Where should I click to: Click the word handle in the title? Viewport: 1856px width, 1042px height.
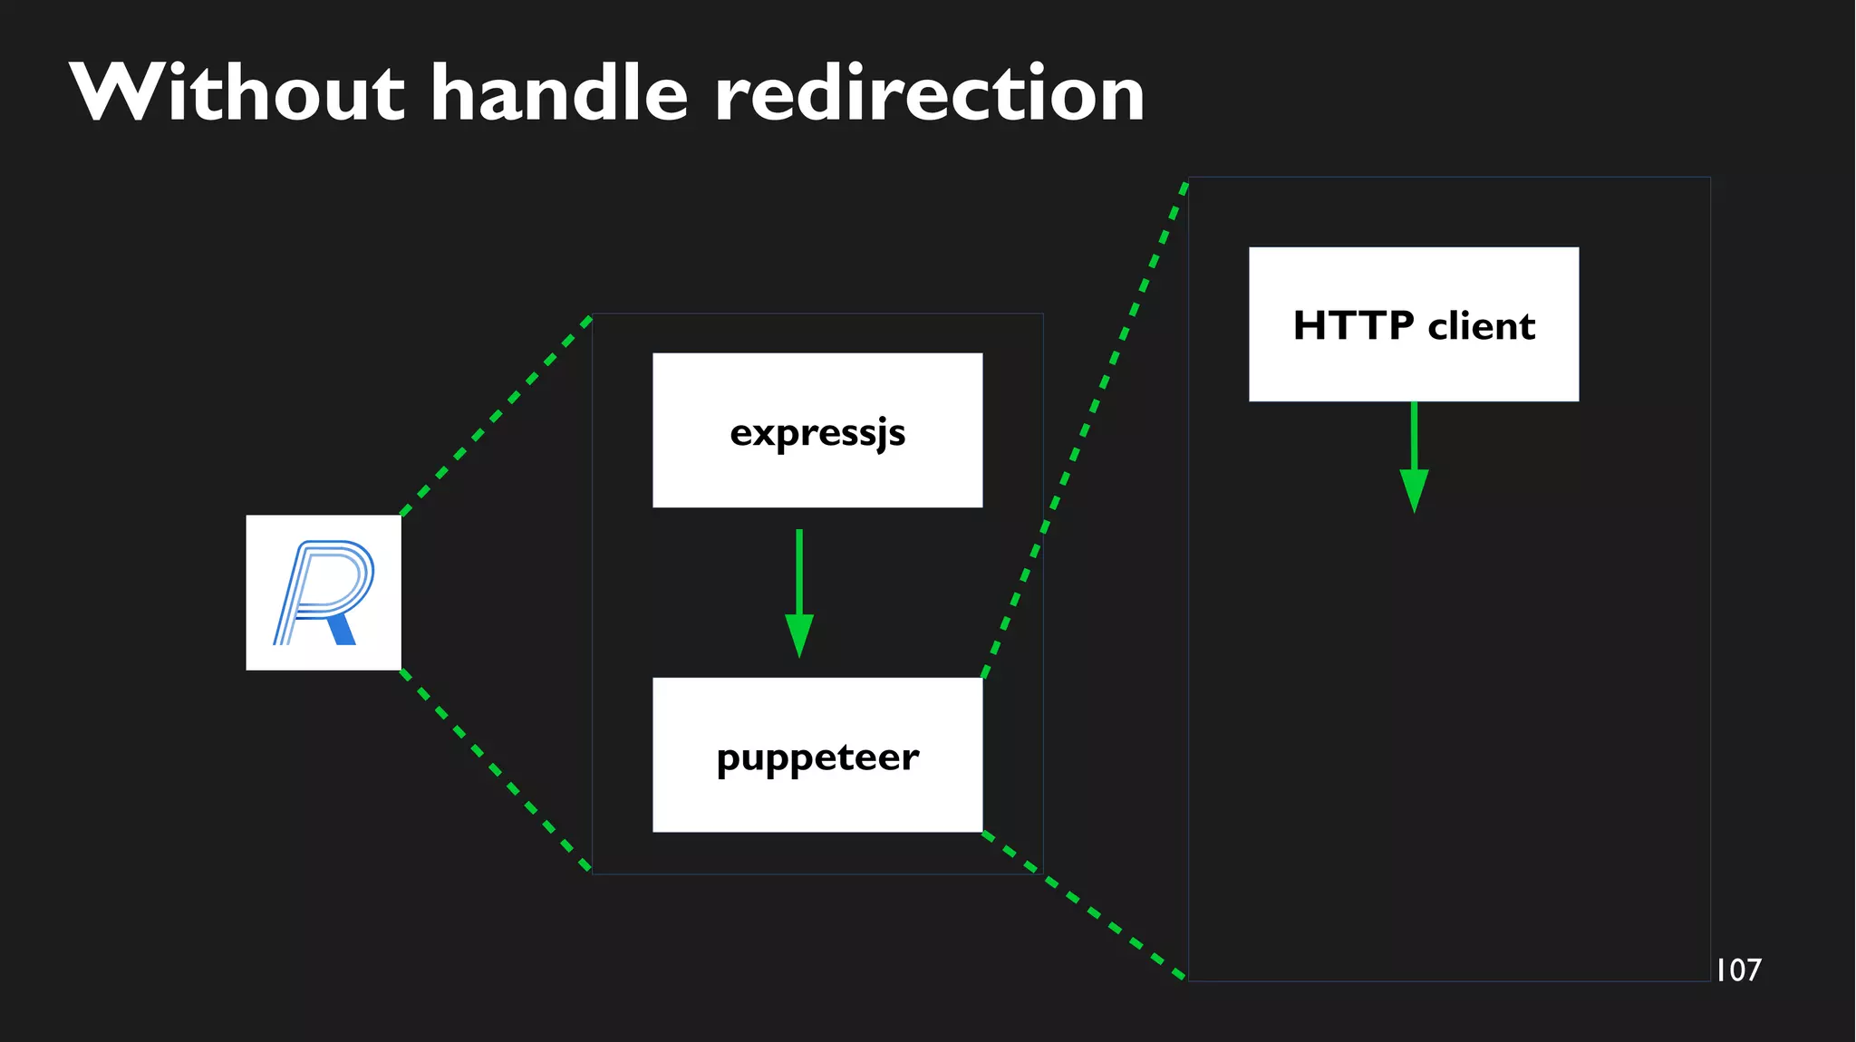(559, 92)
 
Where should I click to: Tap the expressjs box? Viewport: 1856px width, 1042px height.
(817, 430)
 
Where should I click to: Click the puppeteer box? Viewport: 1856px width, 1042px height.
(817, 755)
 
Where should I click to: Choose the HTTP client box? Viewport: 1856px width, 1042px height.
(1414, 324)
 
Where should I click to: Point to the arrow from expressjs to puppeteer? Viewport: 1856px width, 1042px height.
(798, 580)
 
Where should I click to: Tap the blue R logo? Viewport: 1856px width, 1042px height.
(324, 593)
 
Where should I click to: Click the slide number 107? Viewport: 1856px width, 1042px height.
(1738, 970)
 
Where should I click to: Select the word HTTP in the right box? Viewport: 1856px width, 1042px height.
(1353, 325)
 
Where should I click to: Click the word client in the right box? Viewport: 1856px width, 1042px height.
(1482, 325)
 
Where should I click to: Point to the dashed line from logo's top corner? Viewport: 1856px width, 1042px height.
(496, 416)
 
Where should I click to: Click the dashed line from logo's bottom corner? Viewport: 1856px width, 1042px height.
(496, 770)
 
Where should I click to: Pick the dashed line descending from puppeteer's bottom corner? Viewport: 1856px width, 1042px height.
(1084, 905)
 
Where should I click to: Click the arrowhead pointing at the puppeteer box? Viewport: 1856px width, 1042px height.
(798, 635)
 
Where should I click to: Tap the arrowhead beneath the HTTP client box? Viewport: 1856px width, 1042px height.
(1414, 491)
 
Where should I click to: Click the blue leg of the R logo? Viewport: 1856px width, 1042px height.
(342, 630)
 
